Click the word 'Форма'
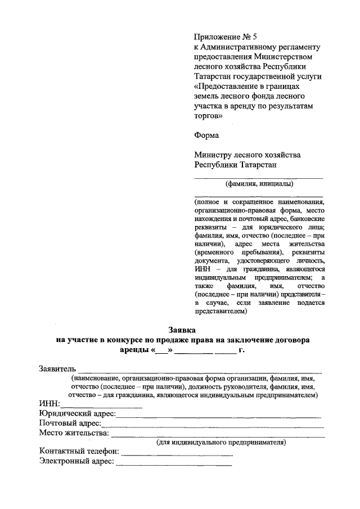point(207,135)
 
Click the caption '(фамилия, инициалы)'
point(259,184)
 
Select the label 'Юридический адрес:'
point(77,413)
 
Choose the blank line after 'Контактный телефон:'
point(177,453)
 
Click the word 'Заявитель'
point(57,369)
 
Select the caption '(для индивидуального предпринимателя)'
point(221,442)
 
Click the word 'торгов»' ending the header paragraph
point(209,116)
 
